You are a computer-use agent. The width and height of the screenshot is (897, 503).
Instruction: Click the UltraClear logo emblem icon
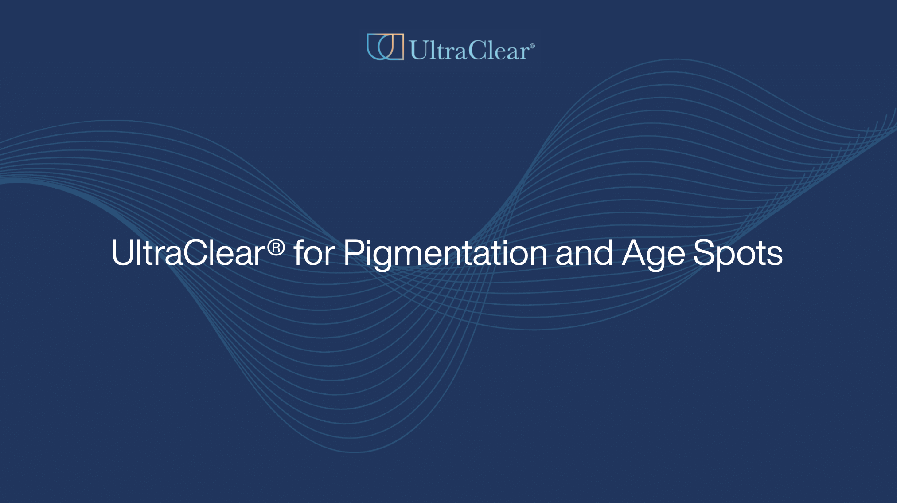385,47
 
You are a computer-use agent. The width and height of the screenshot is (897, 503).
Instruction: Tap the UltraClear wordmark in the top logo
469,50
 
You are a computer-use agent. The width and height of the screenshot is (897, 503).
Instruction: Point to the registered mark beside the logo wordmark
532,46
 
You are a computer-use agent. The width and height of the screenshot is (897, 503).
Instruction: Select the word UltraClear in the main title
188,253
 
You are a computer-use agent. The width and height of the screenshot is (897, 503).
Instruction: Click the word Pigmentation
445,254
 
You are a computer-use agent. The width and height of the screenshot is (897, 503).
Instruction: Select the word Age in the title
653,254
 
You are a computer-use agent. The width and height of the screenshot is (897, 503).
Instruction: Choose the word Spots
737,254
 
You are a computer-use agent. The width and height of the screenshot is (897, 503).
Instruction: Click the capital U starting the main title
122,253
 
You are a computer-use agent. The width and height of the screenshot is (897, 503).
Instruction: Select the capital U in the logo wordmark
418,50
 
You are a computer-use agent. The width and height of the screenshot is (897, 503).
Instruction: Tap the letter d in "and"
604,253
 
